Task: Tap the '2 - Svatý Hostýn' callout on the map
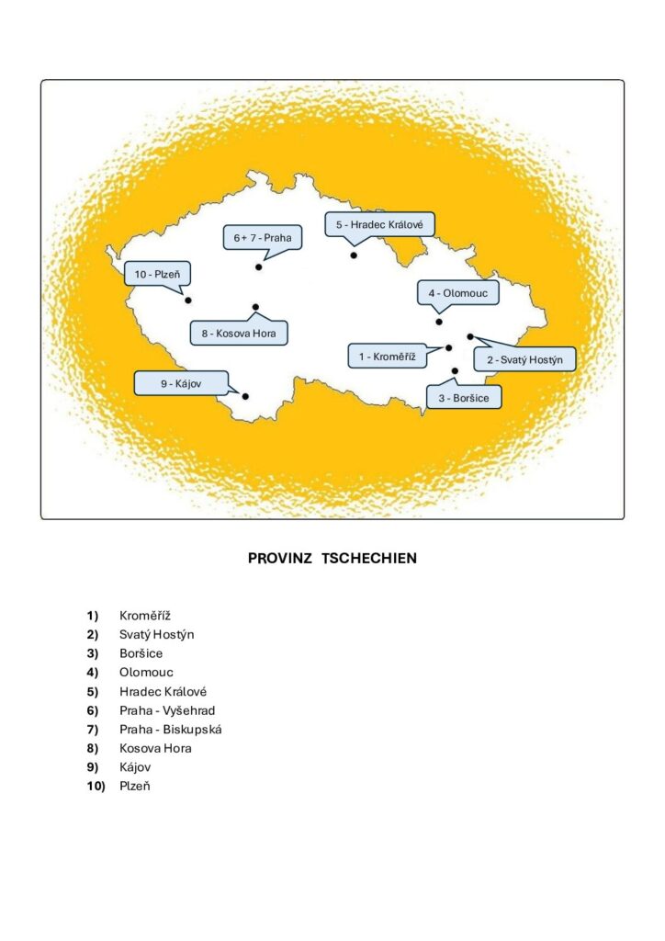[524, 359]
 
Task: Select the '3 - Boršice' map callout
[464, 397]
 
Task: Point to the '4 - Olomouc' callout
[458, 293]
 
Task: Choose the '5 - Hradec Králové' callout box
[378, 224]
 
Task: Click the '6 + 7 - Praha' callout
[262, 237]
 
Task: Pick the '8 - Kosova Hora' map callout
[239, 333]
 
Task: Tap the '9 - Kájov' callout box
[181, 383]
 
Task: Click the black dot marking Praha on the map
[259, 267]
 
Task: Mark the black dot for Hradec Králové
[354, 255]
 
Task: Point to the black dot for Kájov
[245, 396]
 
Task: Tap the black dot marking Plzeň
[187, 300]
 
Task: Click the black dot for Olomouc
[439, 322]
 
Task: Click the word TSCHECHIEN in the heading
[369, 558]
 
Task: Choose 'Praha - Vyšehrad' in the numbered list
[167, 710]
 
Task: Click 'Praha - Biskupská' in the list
[170, 729]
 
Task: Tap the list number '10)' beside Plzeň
[96, 786]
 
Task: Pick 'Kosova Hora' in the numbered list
[155, 748]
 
